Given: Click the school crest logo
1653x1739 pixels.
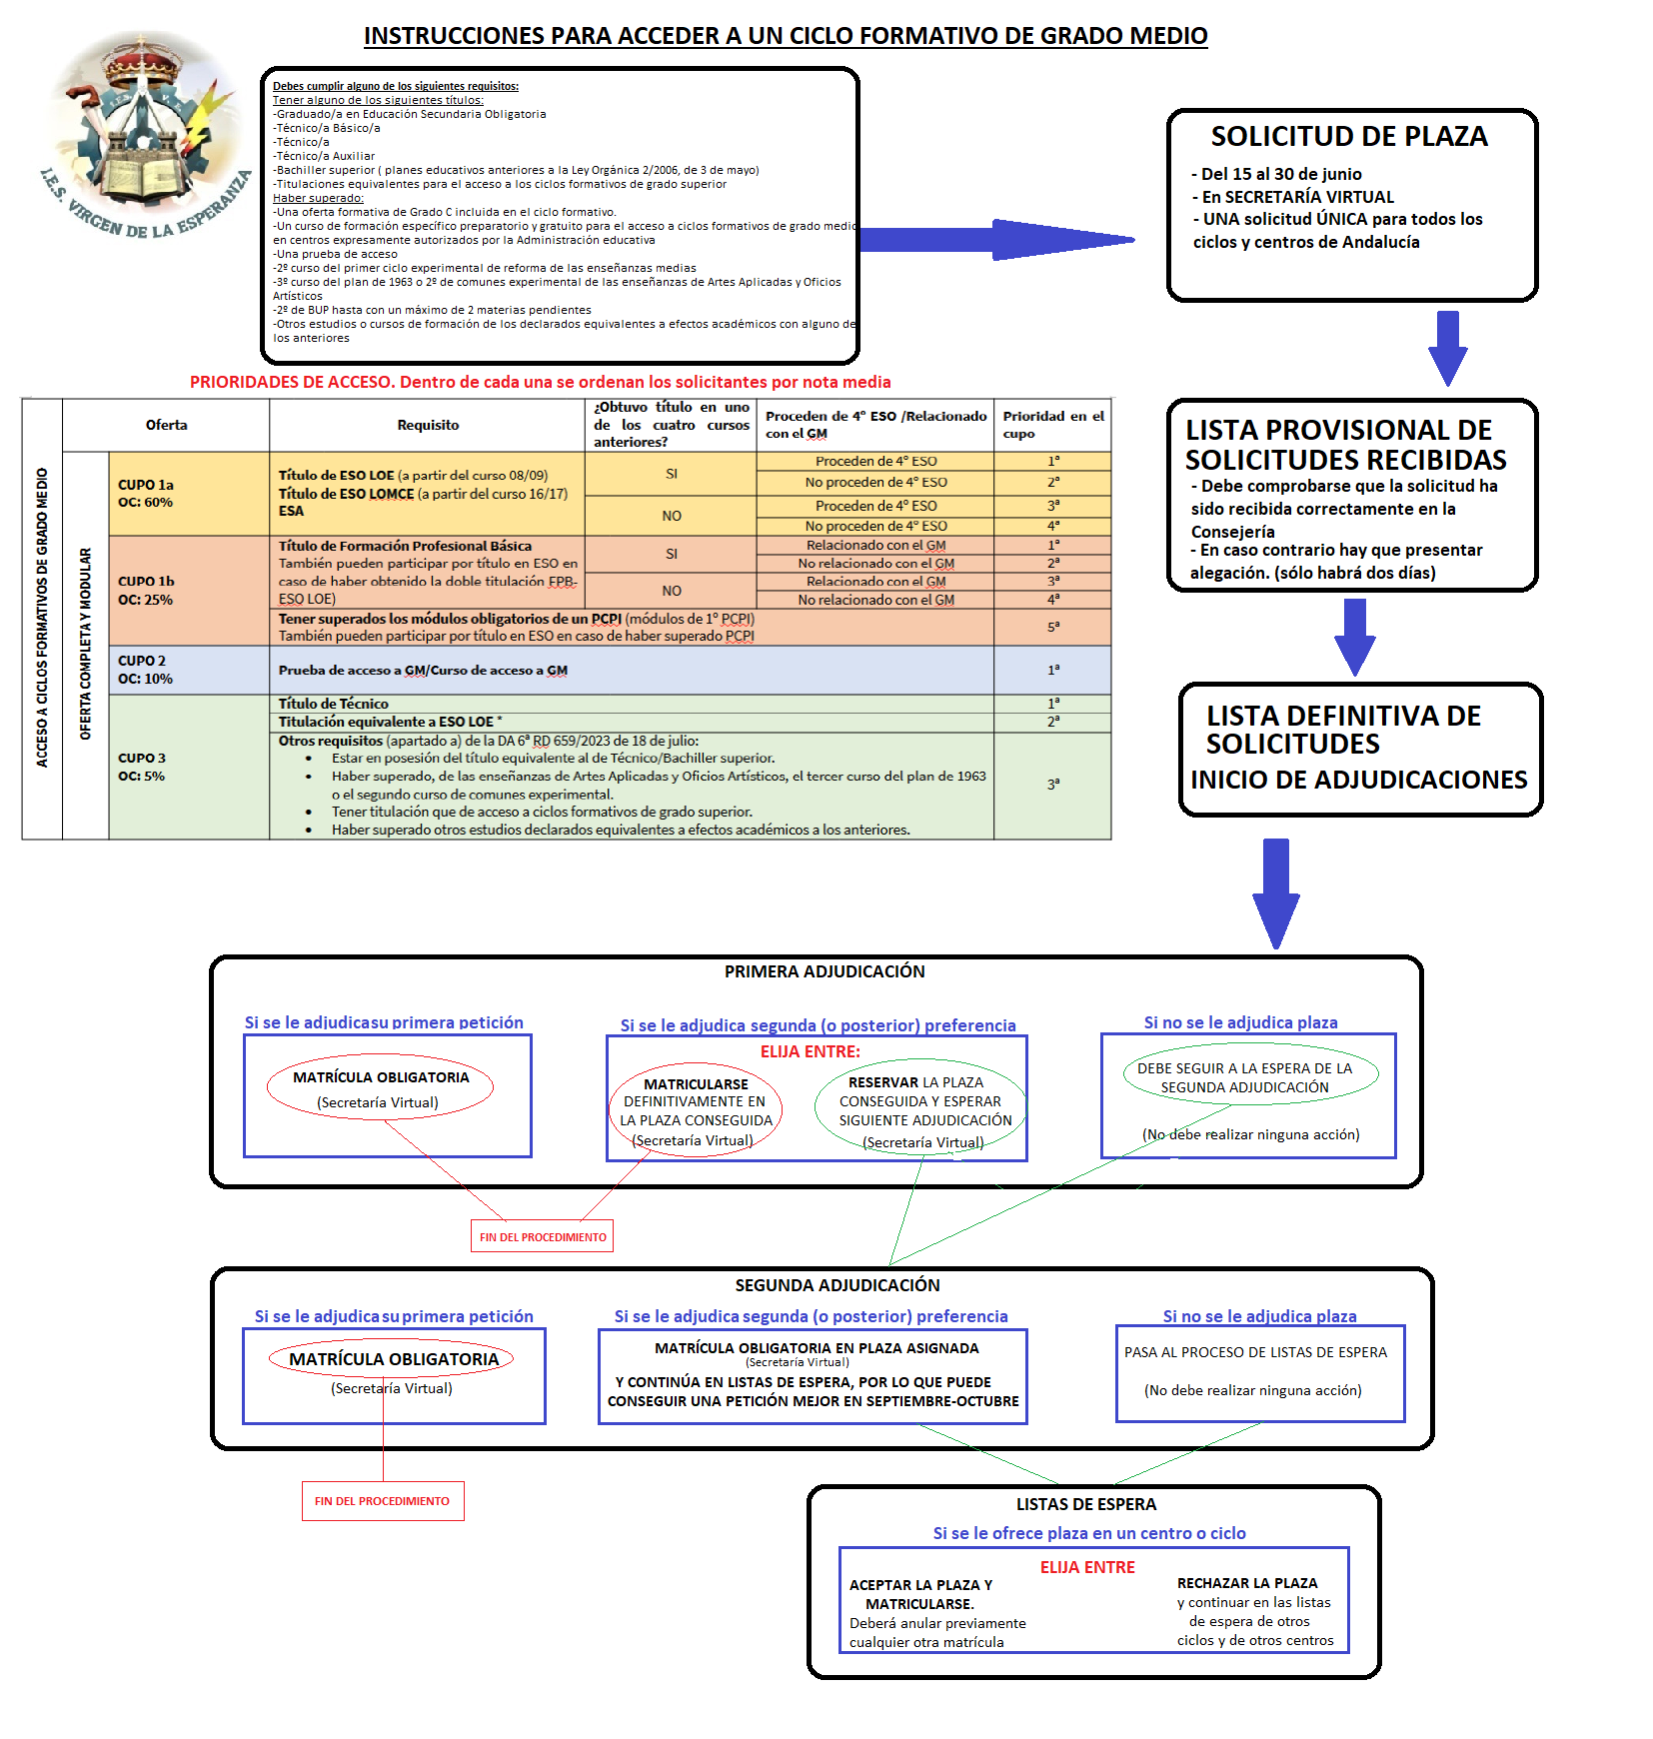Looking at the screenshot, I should point(145,135).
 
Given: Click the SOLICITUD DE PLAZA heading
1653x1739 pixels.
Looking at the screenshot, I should point(1349,137).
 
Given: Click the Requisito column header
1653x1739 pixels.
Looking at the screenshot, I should point(428,425).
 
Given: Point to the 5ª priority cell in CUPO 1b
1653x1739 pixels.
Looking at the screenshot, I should point(1052,627).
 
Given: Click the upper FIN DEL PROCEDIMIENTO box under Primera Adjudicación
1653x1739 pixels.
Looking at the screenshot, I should point(543,1236).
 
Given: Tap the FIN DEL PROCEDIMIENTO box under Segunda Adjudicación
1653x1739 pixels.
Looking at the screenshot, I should point(383,1500).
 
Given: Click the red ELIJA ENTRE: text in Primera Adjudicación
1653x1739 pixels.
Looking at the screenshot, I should point(810,1051).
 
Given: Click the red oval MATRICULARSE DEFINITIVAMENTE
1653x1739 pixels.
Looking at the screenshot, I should point(696,1110).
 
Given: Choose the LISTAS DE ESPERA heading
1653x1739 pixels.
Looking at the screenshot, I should point(1086,1504).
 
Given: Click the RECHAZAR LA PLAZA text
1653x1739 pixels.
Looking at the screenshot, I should point(1247,1583).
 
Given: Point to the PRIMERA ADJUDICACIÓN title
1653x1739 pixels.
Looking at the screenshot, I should point(825,971).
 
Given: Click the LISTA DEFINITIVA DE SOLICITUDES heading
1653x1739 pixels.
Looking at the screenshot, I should point(1343,730).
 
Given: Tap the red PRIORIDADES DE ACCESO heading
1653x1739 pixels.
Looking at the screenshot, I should point(540,382).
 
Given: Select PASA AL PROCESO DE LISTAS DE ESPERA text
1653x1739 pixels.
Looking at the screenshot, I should point(1255,1352).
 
